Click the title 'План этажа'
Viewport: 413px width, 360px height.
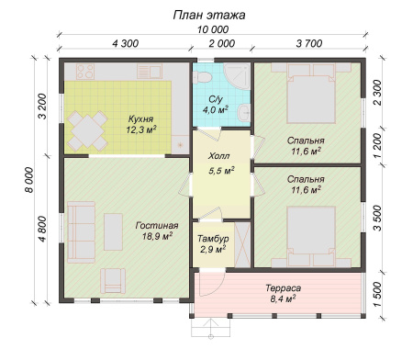209,15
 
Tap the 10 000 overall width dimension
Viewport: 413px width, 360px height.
213,29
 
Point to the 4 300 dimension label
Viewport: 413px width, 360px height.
126,43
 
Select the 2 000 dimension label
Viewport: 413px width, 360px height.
222,43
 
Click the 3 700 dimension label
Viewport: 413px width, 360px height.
309,43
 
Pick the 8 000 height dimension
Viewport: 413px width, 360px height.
29,180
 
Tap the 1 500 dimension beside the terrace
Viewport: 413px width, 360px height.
378,295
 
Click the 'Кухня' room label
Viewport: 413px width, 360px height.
140,118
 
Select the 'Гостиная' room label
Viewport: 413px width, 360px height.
157,226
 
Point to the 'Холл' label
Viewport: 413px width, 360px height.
218,156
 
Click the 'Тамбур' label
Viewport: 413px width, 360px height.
213,239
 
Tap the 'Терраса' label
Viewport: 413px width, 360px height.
283,288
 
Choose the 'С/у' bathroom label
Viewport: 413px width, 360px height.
216,99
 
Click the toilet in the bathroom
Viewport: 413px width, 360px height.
202,77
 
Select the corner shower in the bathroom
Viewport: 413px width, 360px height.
237,76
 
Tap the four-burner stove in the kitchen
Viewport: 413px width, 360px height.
85,72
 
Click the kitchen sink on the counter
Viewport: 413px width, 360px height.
149,72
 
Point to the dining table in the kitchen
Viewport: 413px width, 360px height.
87,131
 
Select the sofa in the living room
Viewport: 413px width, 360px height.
82,232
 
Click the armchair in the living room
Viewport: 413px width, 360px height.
113,281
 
